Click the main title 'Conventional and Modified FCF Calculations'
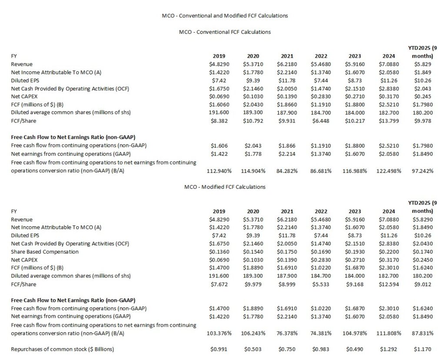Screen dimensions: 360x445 pyautogui.click(x=222, y=16)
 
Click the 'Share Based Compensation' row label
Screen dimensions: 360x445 pyautogui.click(x=45, y=251)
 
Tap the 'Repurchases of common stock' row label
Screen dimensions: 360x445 pyautogui.click(x=63, y=349)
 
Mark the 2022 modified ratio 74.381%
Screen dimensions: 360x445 pyautogui.click(x=321, y=333)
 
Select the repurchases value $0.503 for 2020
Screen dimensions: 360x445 pyautogui.click(x=255, y=349)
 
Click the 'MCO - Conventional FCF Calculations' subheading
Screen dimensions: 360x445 pyautogui.click(x=225, y=32)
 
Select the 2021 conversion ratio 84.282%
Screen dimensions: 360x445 pyautogui.click(x=287, y=171)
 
